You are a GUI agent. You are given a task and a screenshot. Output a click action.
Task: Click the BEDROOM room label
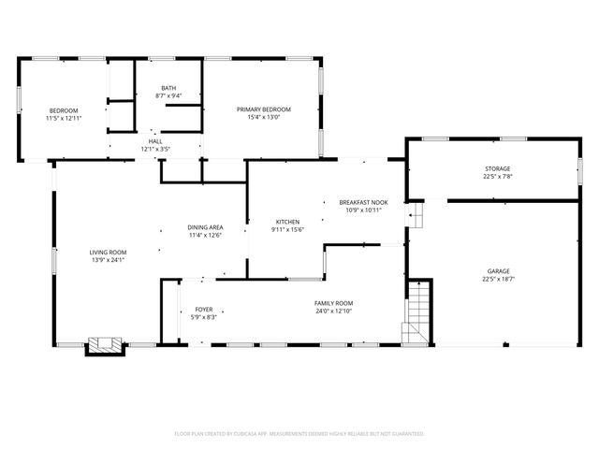[x=64, y=110]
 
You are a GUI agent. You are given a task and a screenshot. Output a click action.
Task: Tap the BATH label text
[x=168, y=88]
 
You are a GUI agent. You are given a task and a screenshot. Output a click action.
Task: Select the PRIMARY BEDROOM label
[x=263, y=109]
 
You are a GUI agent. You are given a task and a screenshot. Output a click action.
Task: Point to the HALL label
[x=155, y=141]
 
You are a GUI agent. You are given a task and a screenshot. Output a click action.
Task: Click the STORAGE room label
[x=497, y=168]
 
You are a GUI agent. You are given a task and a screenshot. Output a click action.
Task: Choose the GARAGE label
[x=497, y=270]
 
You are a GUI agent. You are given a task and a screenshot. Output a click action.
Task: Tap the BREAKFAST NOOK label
[x=364, y=202]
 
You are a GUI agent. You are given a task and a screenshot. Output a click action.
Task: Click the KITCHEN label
[x=287, y=222]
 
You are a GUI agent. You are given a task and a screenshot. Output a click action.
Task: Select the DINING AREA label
[x=205, y=227]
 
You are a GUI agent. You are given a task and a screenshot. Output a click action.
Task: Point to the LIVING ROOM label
[x=109, y=252]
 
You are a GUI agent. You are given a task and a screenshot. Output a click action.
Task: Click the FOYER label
[x=204, y=310]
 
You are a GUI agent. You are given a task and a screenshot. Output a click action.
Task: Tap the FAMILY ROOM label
[x=333, y=303]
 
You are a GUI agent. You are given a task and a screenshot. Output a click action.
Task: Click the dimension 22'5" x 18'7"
[x=497, y=278]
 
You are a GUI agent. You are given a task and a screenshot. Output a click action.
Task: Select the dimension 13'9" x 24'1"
[x=109, y=259]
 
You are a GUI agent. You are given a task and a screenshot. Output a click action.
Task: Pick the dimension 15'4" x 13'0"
[x=263, y=117]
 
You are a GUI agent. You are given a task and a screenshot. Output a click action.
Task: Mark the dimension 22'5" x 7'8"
[x=497, y=176]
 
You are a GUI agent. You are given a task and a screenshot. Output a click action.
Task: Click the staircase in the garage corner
[x=416, y=316]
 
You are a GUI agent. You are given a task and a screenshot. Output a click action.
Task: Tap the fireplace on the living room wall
[x=105, y=346]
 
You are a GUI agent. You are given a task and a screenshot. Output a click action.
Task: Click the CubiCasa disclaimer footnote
[x=299, y=434]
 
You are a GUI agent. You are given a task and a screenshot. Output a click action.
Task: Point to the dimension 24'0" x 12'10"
[x=333, y=311]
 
